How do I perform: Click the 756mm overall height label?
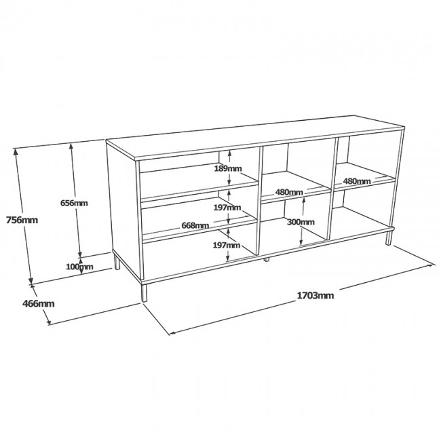21,219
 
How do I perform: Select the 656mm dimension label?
75,203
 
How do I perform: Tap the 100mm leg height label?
81,267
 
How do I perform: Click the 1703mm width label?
315,295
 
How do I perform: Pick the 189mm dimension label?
228,168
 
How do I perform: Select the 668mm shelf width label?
195,225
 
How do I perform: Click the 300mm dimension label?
301,221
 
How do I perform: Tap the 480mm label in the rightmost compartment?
357,181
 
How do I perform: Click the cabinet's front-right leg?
389,237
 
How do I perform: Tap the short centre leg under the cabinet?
267,258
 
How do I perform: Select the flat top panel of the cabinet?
258,136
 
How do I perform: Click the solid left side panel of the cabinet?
122,204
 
